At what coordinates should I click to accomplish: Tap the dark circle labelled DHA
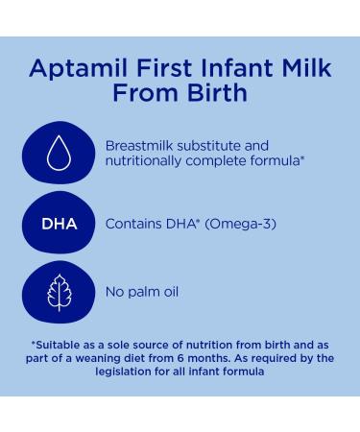[60, 225]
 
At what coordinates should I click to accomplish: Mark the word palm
[142, 291]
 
